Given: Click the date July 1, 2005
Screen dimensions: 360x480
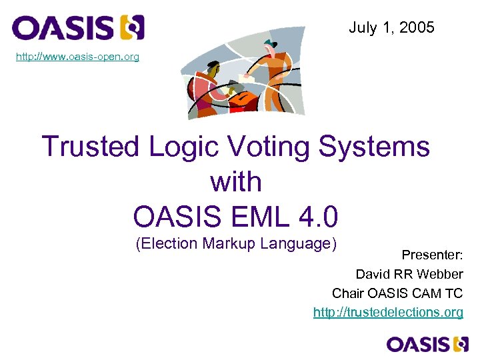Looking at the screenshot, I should [x=391, y=27].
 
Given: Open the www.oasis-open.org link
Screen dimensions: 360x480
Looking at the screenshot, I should [x=78, y=57].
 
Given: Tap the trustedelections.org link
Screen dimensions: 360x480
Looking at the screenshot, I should [x=388, y=312].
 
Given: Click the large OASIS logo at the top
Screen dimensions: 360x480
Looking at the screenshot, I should [x=78, y=28].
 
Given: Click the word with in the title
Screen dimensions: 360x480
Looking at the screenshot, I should [x=235, y=181].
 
